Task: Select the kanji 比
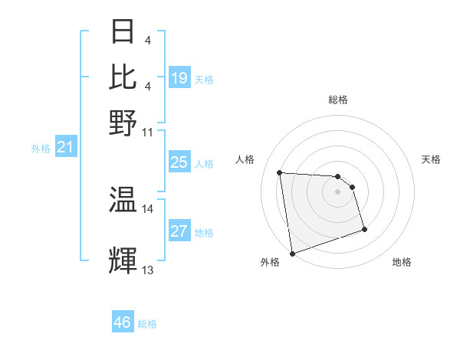point(123,77)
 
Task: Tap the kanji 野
point(123,123)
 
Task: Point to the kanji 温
point(123,200)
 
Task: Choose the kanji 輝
point(123,261)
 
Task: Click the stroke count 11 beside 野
point(148,132)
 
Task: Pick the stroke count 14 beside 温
point(148,208)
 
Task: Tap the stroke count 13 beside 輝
point(148,270)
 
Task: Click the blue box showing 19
point(179,78)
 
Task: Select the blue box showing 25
point(179,162)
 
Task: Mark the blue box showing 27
point(179,231)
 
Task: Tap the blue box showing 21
point(64,147)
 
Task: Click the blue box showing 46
point(123,322)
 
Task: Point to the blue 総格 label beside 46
point(147,324)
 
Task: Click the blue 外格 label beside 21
point(40,149)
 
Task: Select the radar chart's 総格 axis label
point(337,100)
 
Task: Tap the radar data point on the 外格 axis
point(292,253)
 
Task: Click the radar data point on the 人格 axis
point(280,172)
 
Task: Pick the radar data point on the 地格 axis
point(364,229)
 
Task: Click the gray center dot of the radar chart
point(337,191)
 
